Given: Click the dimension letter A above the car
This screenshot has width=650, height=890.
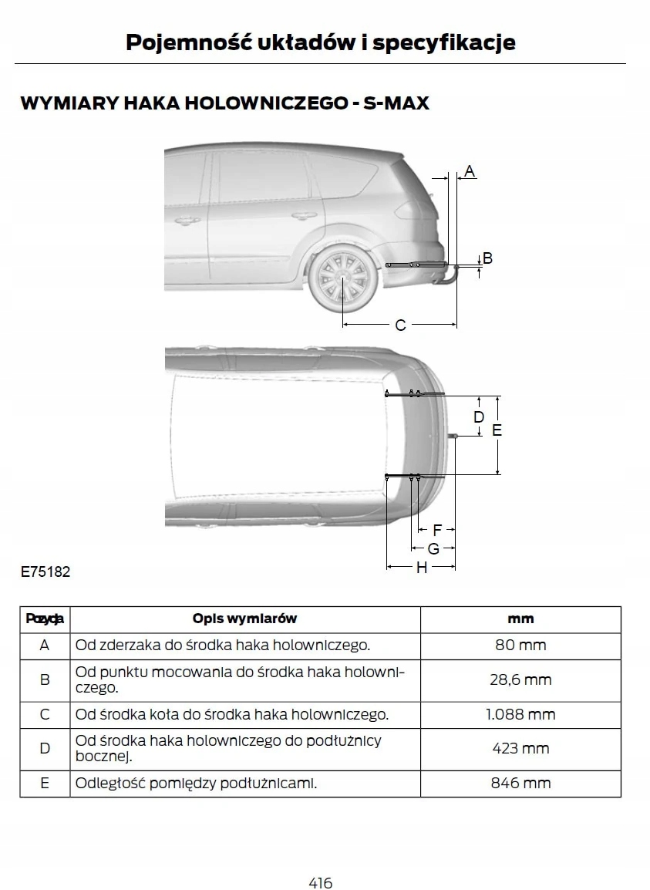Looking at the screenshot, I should point(470,170).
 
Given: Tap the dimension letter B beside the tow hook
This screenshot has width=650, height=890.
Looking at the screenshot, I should point(487,258).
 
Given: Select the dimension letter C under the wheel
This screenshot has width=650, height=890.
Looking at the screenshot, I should point(400,325).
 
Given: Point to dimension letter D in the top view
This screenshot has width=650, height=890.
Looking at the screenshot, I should point(479,417).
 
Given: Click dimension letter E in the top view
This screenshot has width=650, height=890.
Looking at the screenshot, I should point(497,430).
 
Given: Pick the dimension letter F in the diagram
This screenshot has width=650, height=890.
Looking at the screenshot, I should point(437,530).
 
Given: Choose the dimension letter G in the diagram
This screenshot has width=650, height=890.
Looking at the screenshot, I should point(433,548).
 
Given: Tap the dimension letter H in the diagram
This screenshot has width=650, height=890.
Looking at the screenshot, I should point(422,568).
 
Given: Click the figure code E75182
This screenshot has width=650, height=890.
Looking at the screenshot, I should point(45,572).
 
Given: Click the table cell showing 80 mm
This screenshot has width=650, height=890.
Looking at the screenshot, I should point(520,645).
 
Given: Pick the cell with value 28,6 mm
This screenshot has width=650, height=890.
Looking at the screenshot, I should point(520,679).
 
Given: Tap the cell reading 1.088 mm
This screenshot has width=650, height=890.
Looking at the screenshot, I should point(520,714).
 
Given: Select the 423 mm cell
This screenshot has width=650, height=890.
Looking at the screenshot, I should point(520,748).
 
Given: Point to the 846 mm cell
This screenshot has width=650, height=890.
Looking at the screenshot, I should point(520,783).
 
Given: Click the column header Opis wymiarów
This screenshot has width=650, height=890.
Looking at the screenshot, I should point(244,619).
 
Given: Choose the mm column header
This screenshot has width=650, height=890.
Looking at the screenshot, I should point(520,619).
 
